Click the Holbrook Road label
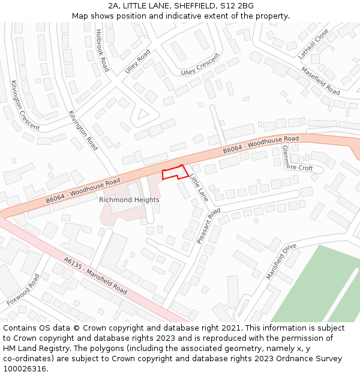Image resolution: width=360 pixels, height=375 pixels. [101, 50]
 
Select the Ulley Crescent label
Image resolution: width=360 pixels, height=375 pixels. [200, 67]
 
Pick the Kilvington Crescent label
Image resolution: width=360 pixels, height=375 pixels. [25, 106]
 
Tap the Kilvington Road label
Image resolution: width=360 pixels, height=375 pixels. [83, 130]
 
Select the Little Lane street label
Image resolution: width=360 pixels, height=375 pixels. [199, 188]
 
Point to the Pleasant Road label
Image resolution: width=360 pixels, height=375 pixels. [208, 226]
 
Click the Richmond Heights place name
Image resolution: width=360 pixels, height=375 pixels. [129, 200]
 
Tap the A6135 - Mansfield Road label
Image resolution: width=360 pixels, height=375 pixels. [95, 276]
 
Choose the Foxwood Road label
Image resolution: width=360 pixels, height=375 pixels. [23, 290]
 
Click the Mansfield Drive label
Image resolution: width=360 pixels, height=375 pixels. [281, 261]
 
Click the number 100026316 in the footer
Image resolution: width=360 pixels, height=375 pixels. [24, 369]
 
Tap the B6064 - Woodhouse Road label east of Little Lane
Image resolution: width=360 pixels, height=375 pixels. [260, 145]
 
